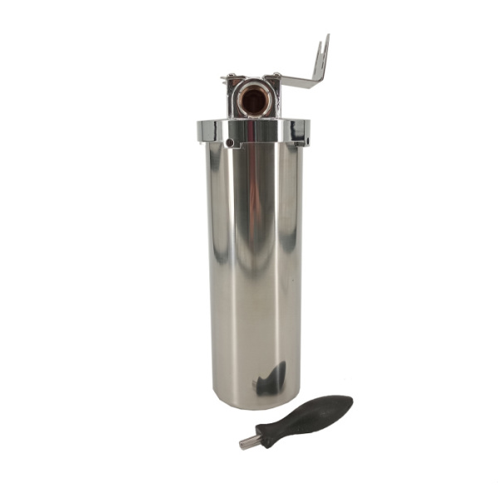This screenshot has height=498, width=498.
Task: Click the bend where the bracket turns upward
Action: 317,81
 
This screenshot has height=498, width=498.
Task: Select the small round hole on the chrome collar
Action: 229,143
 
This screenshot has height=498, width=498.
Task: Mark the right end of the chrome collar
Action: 307,130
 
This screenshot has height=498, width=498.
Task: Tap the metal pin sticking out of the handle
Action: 248,442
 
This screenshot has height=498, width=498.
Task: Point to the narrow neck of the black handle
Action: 270,433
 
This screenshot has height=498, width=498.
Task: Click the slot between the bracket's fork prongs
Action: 323,50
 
